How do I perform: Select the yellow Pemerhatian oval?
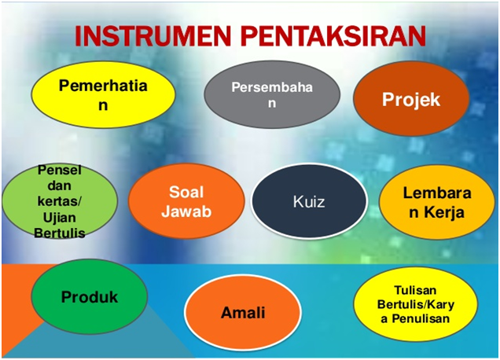[103, 94]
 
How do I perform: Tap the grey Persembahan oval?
[272, 94]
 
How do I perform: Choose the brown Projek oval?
[411, 98]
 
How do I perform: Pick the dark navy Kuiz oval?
[309, 201]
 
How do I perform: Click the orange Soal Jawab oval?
[186, 201]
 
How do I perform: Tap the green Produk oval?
[90, 296]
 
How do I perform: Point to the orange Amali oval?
[243, 313]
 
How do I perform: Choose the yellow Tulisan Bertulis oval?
[416, 304]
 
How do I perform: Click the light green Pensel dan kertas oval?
[60, 201]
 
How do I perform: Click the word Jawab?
[186, 211]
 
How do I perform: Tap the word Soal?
[186, 192]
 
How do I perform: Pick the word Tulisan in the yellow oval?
[415, 290]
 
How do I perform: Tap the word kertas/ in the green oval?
[60, 201]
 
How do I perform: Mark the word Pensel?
[60, 171]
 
